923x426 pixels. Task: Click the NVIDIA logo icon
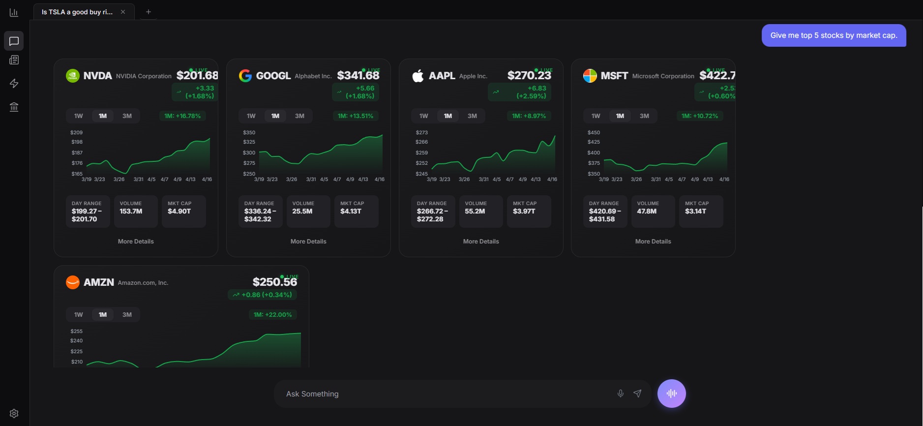point(73,76)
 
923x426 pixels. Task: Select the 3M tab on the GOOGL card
point(299,116)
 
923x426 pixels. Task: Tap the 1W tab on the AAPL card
point(424,116)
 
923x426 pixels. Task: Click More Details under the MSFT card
point(653,242)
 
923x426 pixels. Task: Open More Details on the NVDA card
point(136,242)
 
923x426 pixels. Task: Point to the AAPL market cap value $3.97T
point(524,212)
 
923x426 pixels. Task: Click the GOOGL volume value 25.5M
point(302,212)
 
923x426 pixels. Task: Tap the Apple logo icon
point(418,76)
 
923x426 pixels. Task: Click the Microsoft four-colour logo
point(590,76)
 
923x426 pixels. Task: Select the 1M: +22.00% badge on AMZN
point(272,315)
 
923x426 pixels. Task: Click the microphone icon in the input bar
point(621,394)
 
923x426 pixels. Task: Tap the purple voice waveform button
point(672,394)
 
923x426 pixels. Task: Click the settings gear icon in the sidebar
point(14,413)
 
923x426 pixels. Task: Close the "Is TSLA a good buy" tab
point(123,12)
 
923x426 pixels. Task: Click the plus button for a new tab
point(149,12)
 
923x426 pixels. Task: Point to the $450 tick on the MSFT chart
point(594,132)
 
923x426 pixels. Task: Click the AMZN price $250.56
point(274,282)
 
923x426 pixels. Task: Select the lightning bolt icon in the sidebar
point(14,84)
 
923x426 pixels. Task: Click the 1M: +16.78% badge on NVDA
point(182,116)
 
